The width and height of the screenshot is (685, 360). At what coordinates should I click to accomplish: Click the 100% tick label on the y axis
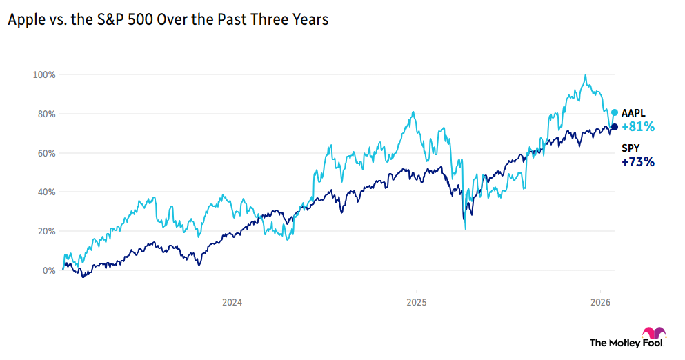click(x=46, y=74)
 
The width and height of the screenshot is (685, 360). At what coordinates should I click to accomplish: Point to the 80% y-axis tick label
click(x=47, y=114)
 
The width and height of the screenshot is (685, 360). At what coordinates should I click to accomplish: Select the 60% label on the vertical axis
click(x=47, y=153)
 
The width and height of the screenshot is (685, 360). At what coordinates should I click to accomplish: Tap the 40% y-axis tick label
click(x=47, y=192)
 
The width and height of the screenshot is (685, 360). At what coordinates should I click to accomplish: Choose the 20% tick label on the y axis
click(x=47, y=232)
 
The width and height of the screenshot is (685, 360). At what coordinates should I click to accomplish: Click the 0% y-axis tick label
click(x=49, y=271)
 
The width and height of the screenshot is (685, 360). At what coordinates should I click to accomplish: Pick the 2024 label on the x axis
click(x=232, y=302)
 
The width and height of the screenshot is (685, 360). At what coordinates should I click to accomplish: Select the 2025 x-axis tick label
click(x=417, y=302)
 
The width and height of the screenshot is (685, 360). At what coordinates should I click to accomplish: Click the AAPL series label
click(x=634, y=113)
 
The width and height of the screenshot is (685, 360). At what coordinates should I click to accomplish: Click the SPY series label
click(x=631, y=148)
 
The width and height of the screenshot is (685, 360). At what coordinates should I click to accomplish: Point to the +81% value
click(x=637, y=127)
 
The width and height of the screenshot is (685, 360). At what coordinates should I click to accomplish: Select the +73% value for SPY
click(x=637, y=163)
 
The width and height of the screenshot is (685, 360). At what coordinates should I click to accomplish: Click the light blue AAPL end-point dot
click(x=615, y=112)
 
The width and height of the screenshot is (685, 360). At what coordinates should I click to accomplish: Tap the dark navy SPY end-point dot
click(x=615, y=126)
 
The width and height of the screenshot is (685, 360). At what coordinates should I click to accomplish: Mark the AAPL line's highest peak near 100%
click(x=585, y=75)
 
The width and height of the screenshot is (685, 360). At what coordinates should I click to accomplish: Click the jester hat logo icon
click(x=654, y=333)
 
